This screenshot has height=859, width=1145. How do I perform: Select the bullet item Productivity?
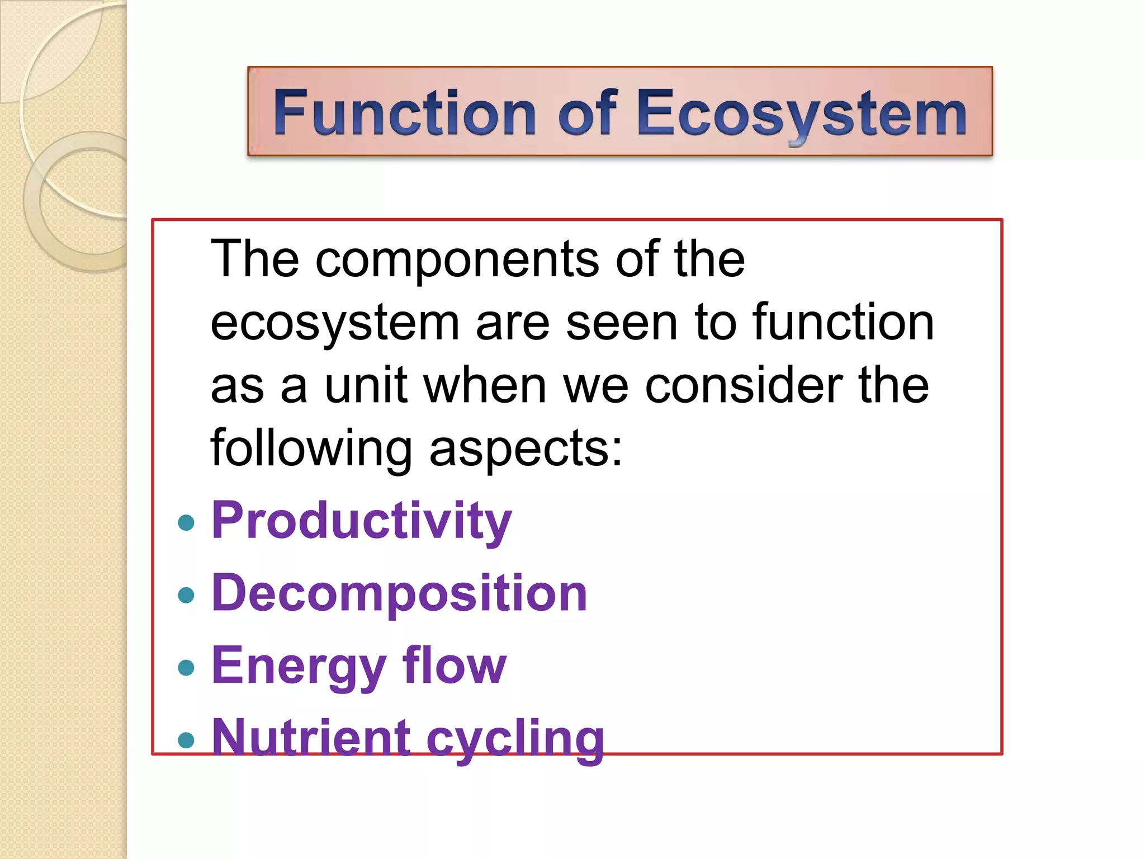pyautogui.click(x=361, y=521)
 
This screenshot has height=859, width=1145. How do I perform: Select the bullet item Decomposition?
pyautogui.click(x=399, y=593)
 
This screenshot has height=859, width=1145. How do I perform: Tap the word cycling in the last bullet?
pyautogui.click(x=515, y=739)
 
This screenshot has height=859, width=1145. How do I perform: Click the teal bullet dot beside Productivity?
pyautogui.click(x=186, y=523)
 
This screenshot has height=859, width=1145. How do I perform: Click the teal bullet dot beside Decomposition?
pyautogui.click(x=186, y=595)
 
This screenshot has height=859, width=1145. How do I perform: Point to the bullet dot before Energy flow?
pyautogui.click(x=186, y=667)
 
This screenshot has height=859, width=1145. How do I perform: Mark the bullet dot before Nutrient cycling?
pyautogui.click(x=186, y=740)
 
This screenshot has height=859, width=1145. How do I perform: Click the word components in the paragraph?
pyautogui.click(x=457, y=260)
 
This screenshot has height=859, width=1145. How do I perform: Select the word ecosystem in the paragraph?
pyautogui.click(x=334, y=323)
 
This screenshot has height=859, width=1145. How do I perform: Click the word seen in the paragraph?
pyautogui.click(x=621, y=323)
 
